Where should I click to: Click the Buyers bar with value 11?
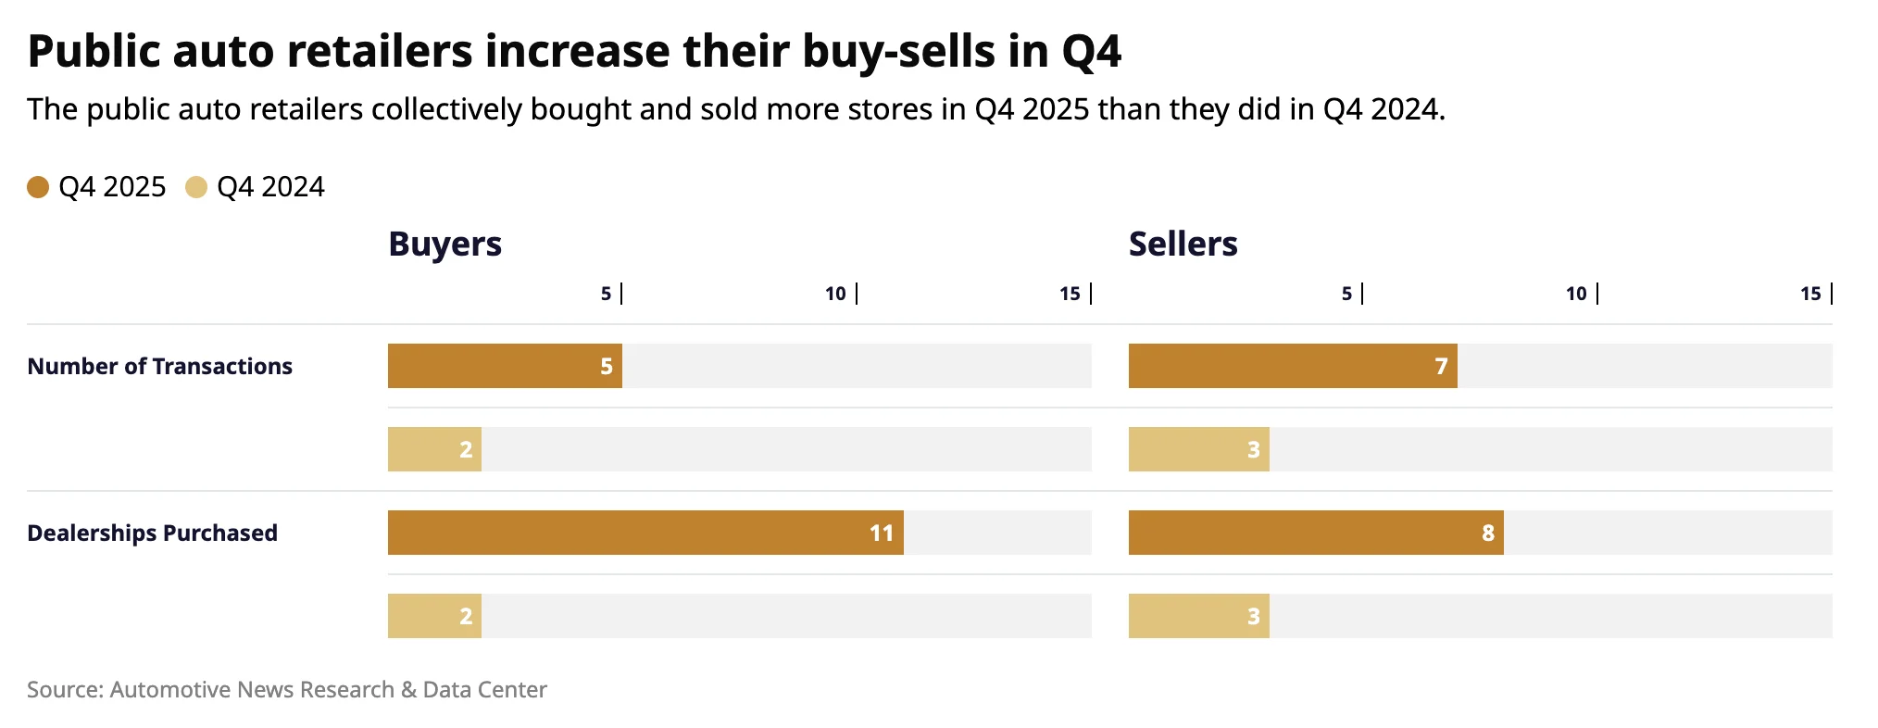point(645,533)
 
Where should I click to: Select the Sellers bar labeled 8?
point(1315,533)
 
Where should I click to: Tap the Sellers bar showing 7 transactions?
point(1292,366)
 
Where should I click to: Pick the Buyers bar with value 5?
point(505,366)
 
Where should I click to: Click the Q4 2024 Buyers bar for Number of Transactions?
point(434,449)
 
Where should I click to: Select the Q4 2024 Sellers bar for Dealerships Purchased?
point(1198,616)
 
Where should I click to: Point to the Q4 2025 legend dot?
point(38,187)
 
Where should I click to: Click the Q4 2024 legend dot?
point(196,187)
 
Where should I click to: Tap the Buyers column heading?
point(444,245)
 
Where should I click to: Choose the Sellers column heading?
point(1183,245)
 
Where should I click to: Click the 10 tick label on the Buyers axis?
point(835,294)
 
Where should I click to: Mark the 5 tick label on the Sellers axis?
point(1346,294)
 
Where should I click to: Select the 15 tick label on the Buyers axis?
point(1070,294)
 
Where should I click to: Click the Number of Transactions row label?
point(159,367)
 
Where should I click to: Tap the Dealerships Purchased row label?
point(152,533)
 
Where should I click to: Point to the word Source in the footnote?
point(64,690)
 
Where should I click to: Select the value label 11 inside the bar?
point(881,533)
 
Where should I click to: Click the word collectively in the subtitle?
point(447,109)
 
